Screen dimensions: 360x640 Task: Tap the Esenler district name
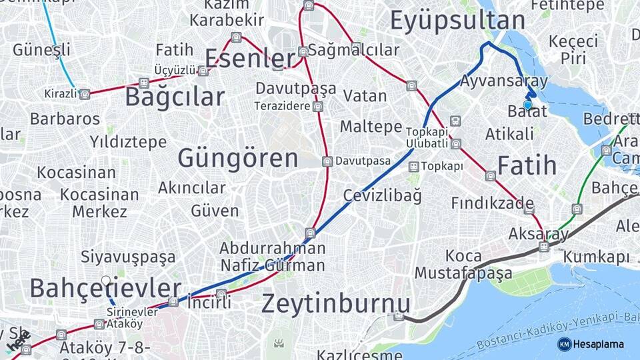(x=249, y=59)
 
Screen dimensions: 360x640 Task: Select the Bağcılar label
(x=175, y=97)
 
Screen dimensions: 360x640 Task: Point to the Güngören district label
(x=237, y=159)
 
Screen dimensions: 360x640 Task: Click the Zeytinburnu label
(x=335, y=303)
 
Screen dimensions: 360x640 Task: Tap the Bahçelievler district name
(x=105, y=289)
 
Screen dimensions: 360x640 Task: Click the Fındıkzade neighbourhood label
(x=492, y=203)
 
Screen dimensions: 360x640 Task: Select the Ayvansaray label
(x=504, y=81)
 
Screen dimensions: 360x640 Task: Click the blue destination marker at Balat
(x=528, y=105)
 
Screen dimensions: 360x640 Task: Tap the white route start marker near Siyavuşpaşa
(x=105, y=281)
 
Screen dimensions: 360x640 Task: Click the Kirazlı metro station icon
(x=85, y=94)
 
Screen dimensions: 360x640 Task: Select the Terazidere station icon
(x=318, y=106)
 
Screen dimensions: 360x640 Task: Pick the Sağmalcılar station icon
(x=303, y=51)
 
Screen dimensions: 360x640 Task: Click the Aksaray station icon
(x=544, y=247)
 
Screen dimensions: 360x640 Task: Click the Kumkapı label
(x=596, y=257)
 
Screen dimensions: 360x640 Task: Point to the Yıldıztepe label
(x=128, y=142)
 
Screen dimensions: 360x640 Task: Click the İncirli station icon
(x=221, y=294)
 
